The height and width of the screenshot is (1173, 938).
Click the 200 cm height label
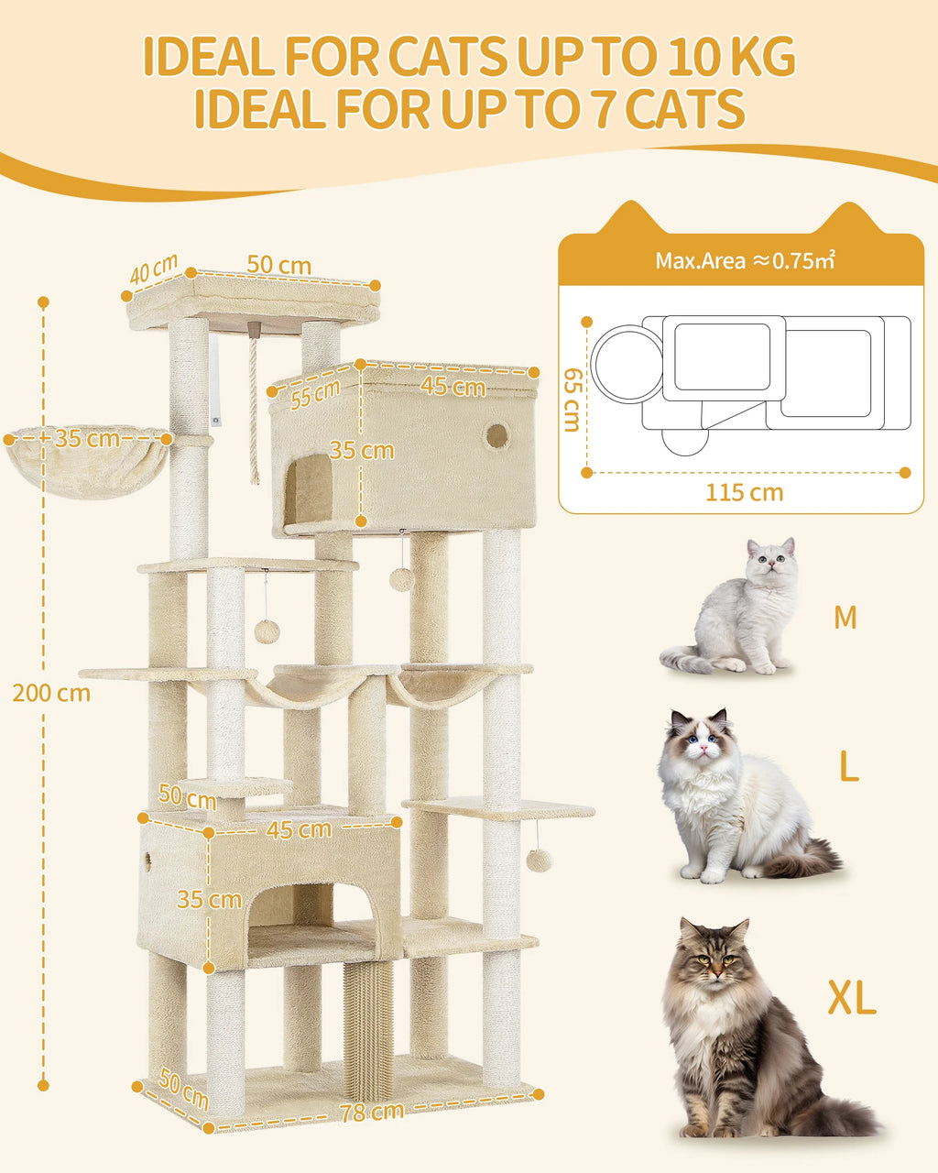51,693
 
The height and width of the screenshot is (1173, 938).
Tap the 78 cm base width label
372,1113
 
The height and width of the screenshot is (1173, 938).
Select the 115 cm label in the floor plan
744,493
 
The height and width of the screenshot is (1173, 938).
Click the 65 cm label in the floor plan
572,400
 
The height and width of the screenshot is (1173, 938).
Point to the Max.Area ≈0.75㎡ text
744,261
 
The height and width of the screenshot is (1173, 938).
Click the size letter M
845,618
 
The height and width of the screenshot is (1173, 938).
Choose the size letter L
848,768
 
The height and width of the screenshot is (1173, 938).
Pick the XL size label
852,998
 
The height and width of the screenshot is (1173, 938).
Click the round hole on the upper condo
496,436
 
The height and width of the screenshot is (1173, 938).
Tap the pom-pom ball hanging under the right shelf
537,860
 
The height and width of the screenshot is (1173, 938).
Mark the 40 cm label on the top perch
153,270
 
